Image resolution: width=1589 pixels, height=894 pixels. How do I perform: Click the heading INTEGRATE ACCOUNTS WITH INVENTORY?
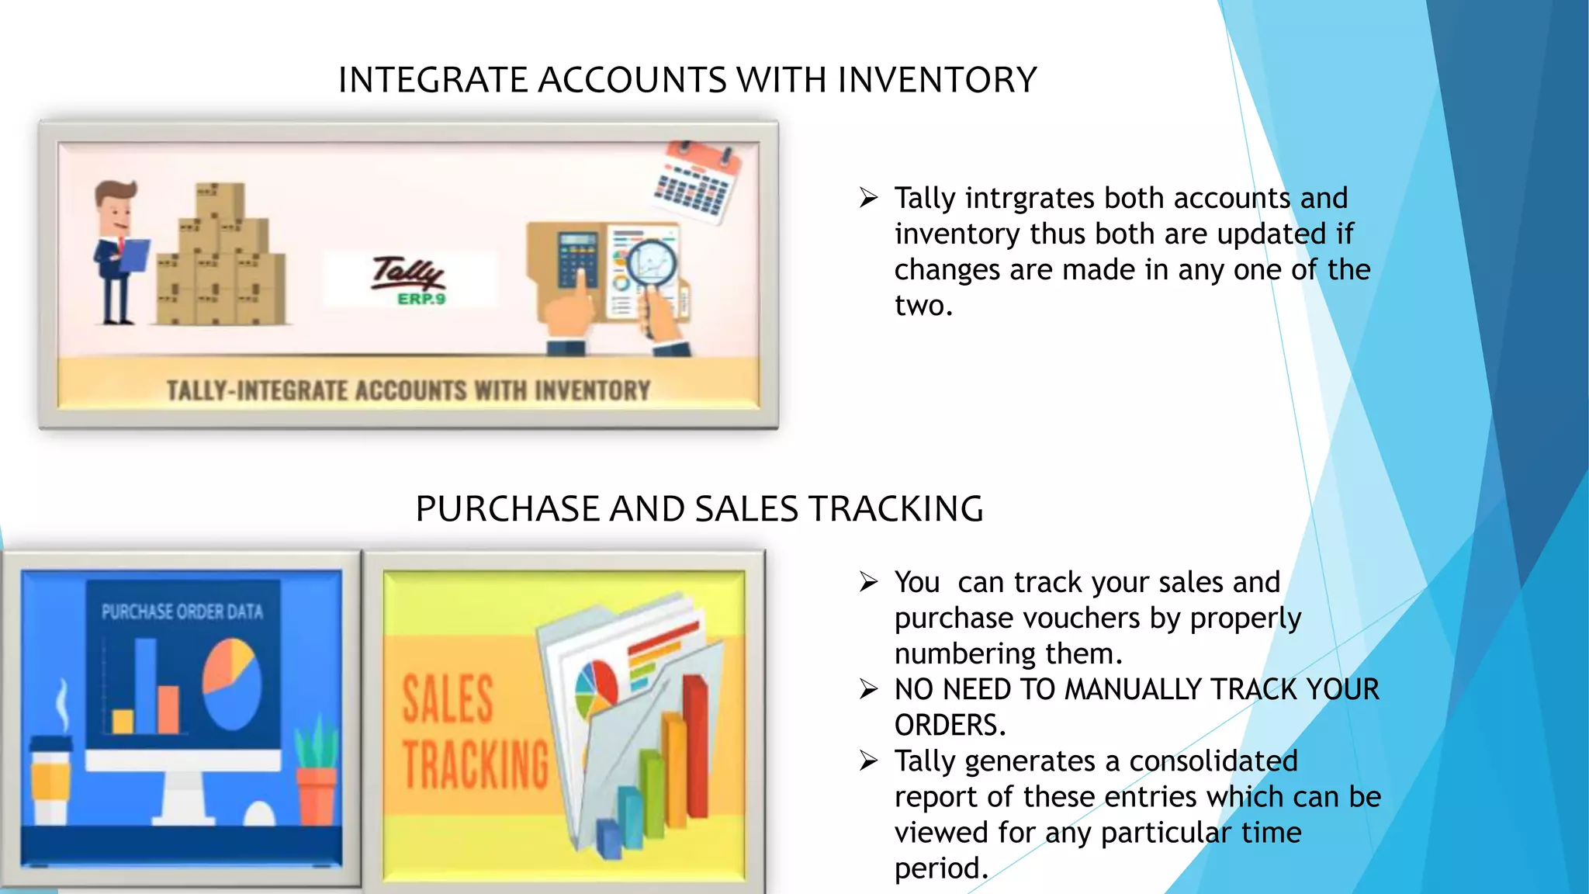(687, 80)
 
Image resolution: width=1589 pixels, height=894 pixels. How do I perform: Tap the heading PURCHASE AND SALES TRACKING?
(699, 509)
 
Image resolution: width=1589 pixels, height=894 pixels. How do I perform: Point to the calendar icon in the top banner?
(696, 182)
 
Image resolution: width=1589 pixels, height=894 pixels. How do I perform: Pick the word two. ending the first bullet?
(923, 306)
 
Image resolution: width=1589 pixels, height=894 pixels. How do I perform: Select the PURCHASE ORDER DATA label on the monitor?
(182, 612)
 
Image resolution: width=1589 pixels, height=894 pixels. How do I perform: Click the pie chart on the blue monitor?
(231, 682)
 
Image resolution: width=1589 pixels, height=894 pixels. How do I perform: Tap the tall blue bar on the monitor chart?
(145, 684)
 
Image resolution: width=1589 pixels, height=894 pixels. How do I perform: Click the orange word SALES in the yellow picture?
(448, 699)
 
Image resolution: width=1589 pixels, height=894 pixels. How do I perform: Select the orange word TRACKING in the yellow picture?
(476, 764)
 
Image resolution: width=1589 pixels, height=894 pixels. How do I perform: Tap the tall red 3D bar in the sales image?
(695, 745)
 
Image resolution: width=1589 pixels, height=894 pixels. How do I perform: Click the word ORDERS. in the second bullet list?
(950, 726)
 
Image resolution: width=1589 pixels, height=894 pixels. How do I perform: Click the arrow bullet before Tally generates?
(868, 761)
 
